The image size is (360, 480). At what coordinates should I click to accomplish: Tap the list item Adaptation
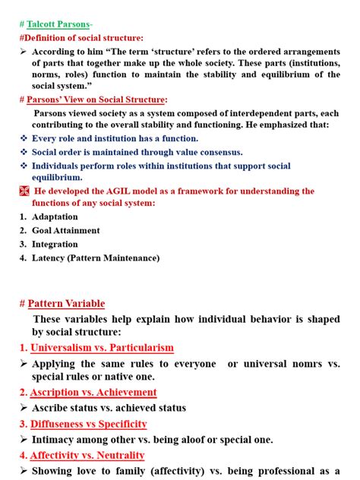click(x=55, y=216)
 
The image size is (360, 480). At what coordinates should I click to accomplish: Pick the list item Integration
click(x=55, y=244)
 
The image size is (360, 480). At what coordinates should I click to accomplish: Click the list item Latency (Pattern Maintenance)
click(x=96, y=257)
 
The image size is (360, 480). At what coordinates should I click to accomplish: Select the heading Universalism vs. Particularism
click(x=102, y=348)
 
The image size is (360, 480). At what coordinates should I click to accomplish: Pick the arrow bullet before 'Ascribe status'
click(x=23, y=408)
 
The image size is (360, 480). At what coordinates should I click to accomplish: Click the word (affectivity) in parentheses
click(x=180, y=471)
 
